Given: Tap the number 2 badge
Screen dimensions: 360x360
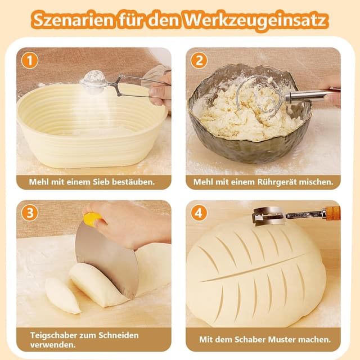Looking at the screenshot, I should pos(199,60).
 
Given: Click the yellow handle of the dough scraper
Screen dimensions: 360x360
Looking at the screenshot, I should pos(92,219).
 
